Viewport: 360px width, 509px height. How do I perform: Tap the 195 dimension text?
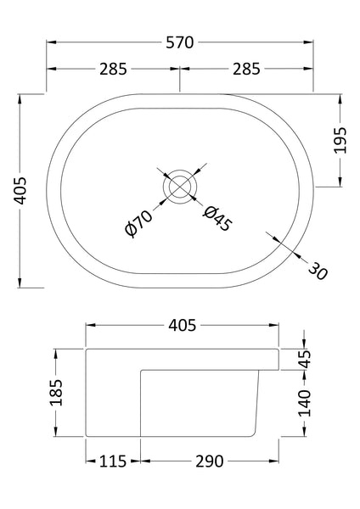pyautogui.click(x=341, y=140)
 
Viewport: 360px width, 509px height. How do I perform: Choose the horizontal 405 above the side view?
pyautogui.click(x=182, y=325)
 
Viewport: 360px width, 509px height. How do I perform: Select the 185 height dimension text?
pyautogui.click(x=55, y=392)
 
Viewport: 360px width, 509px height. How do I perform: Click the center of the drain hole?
pyautogui.click(x=180, y=185)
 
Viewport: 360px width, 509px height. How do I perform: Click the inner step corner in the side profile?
pyautogui.click(x=139, y=369)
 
